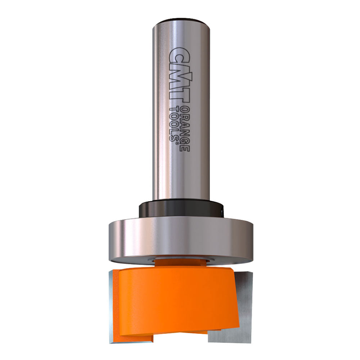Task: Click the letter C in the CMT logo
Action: (179, 56)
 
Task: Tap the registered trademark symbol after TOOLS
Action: (177, 143)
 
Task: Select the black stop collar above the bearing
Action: (181, 210)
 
